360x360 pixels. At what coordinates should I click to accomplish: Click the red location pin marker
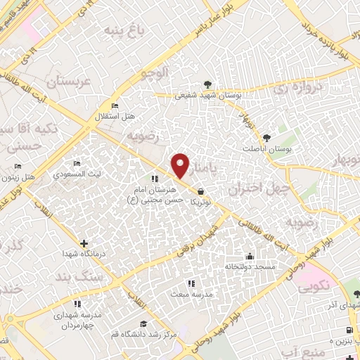coord(181,166)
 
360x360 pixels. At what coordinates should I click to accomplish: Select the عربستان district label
coord(69,82)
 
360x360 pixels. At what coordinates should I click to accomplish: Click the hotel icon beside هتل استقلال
coord(115,106)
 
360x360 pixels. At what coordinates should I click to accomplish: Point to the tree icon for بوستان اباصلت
coord(266,138)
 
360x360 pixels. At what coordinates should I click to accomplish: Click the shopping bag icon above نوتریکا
coord(201,191)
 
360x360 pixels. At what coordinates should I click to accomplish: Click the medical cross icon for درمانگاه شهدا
coord(84,243)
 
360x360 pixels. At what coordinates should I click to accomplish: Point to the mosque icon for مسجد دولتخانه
coord(249,256)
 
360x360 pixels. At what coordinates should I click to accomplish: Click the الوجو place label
coord(155,72)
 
